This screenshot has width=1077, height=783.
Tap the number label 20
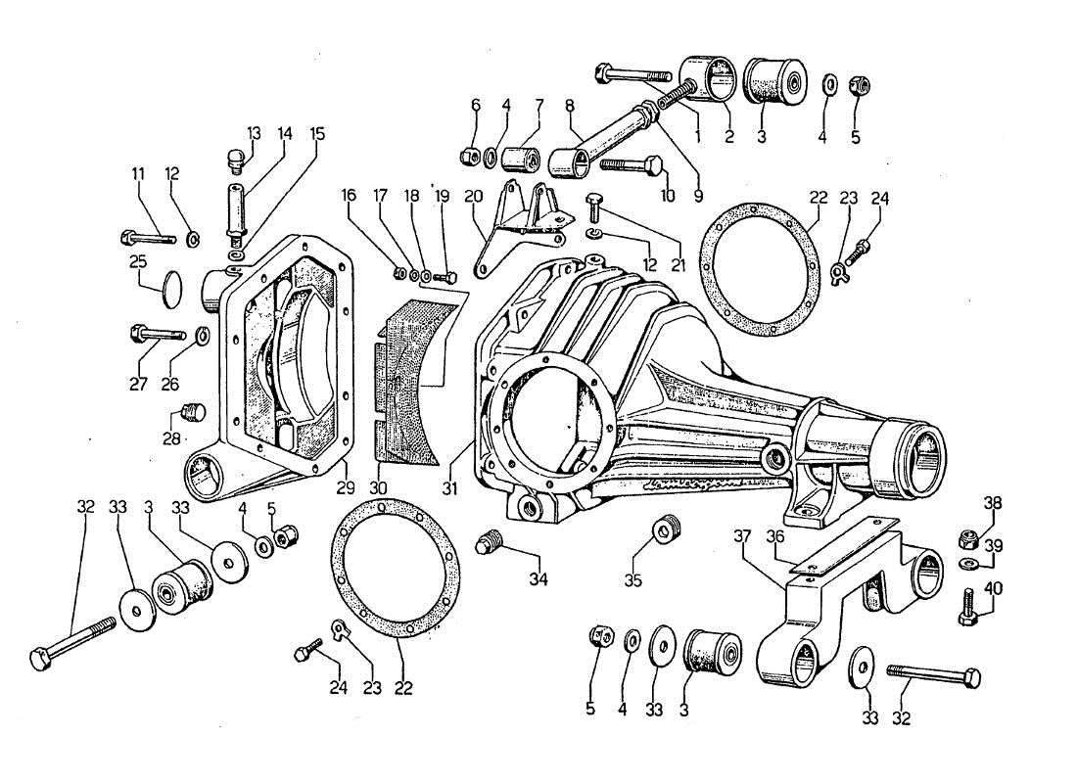click(475, 196)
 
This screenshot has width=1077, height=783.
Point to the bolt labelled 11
click(147, 238)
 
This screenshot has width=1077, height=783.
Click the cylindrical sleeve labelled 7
click(521, 157)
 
